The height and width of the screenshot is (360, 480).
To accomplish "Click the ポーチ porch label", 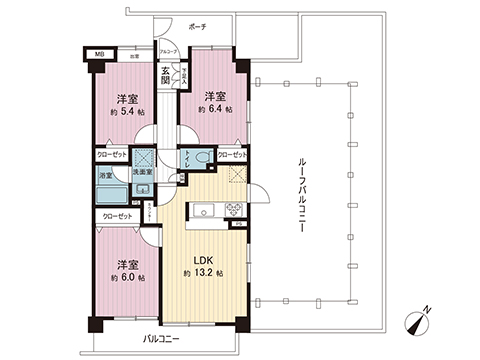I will coord(196,27).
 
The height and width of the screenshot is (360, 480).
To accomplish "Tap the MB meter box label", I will coord(99,56).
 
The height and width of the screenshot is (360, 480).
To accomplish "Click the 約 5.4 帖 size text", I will coord(125,112).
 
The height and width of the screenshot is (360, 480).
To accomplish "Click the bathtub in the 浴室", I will coord(109,192).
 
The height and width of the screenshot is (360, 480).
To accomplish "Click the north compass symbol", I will coord(417,324).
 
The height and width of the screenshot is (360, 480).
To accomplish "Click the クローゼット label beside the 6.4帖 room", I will coord(232,156).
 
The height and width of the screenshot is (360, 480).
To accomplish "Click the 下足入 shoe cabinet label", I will coord(183,75).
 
